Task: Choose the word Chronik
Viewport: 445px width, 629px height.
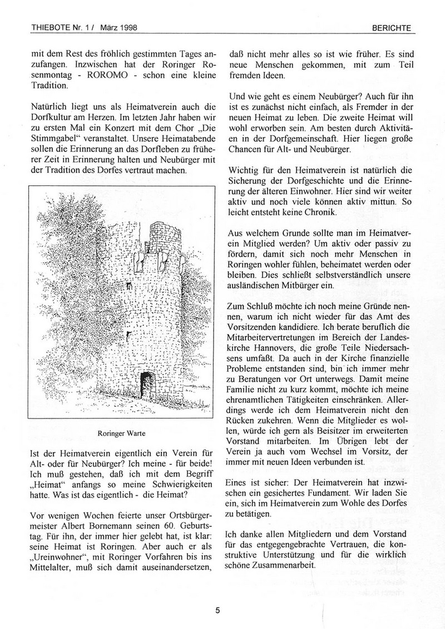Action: (340, 213)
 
